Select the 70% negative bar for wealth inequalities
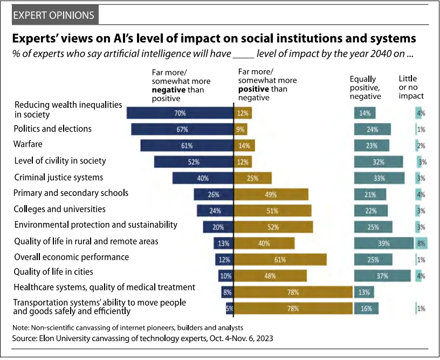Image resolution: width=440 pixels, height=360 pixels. coord(180,113)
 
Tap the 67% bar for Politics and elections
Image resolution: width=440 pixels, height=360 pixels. coord(182,129)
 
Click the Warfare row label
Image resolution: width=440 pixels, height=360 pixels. coord(29,145)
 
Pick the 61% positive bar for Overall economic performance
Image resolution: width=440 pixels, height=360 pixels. coord(280,259)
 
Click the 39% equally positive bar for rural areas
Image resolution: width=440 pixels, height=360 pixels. coord(383,243)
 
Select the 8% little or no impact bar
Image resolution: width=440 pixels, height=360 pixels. coord(421,243)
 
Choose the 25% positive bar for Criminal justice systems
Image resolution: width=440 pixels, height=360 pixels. coord(253,178)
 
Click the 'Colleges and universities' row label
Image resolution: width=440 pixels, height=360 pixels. coord(60,209)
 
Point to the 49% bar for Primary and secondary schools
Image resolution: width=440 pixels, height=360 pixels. coord(271,194)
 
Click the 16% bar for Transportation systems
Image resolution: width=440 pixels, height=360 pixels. coord(366,308)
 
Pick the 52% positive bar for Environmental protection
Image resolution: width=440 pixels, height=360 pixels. coord(273,227)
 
